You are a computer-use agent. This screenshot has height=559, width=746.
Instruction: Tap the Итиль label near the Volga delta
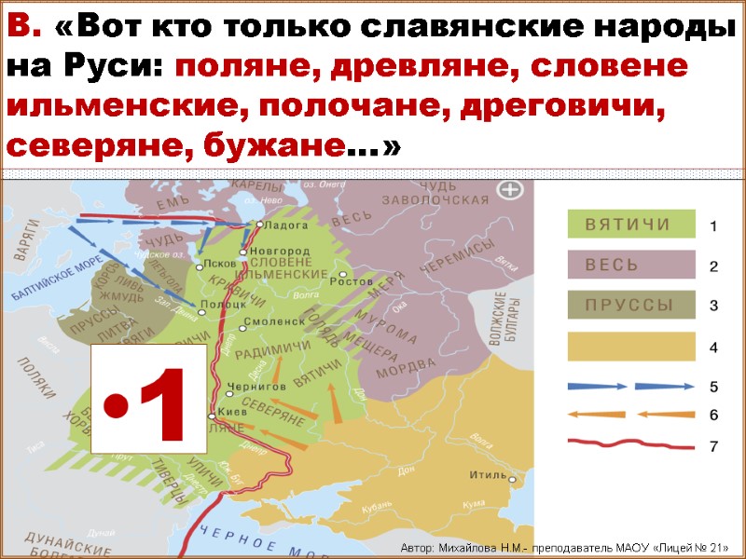[x=488, y=474]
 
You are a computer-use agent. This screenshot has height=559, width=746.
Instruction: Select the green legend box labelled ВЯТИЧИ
[x=631, y=224]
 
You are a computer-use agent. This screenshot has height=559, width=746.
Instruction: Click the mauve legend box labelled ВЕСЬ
[x=631, y=265]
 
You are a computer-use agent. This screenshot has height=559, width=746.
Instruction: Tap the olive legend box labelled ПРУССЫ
[x=631, y=305]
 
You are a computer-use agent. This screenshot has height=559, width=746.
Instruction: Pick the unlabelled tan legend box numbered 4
[x=631, y=347]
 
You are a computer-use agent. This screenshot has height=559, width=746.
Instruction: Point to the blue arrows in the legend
[x=631, y=385]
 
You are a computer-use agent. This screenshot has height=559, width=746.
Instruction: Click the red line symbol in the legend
[x=631, y=445]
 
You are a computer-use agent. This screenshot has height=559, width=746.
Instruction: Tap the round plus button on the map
[x=510, y=192]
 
